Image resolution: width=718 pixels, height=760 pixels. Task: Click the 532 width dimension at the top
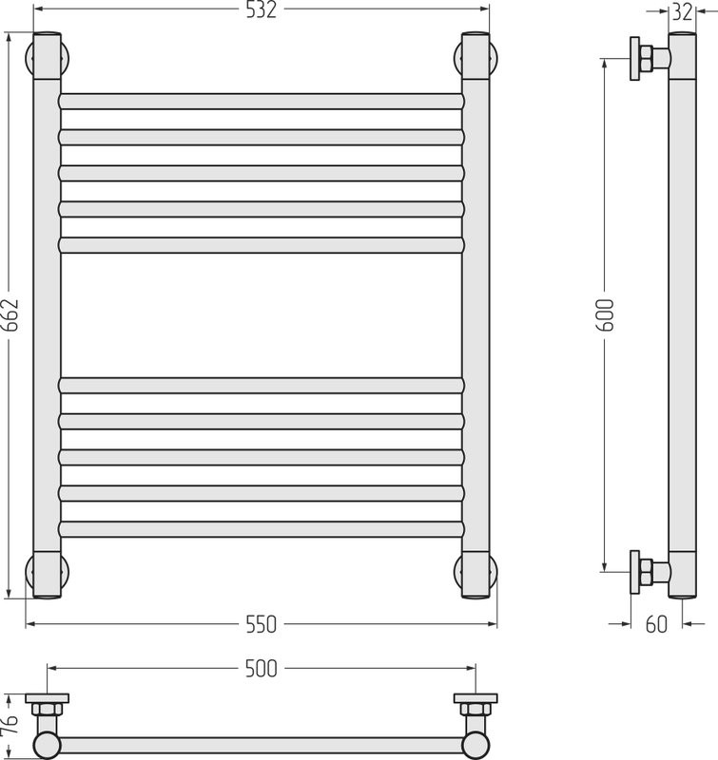click(261, 9)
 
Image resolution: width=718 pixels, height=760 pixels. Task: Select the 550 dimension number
click(261, 624)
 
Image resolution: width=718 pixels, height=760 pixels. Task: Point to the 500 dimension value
click(261, 669)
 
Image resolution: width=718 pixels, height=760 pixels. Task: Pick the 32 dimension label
click(682, 12)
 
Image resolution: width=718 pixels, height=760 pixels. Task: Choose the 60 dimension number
click(656, 624)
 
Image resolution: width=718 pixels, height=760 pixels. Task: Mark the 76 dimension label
click(10, 724)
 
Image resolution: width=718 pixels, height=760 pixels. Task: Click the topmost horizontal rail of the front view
click(261, 102)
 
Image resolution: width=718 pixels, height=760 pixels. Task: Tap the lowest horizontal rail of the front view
click(261, 529)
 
